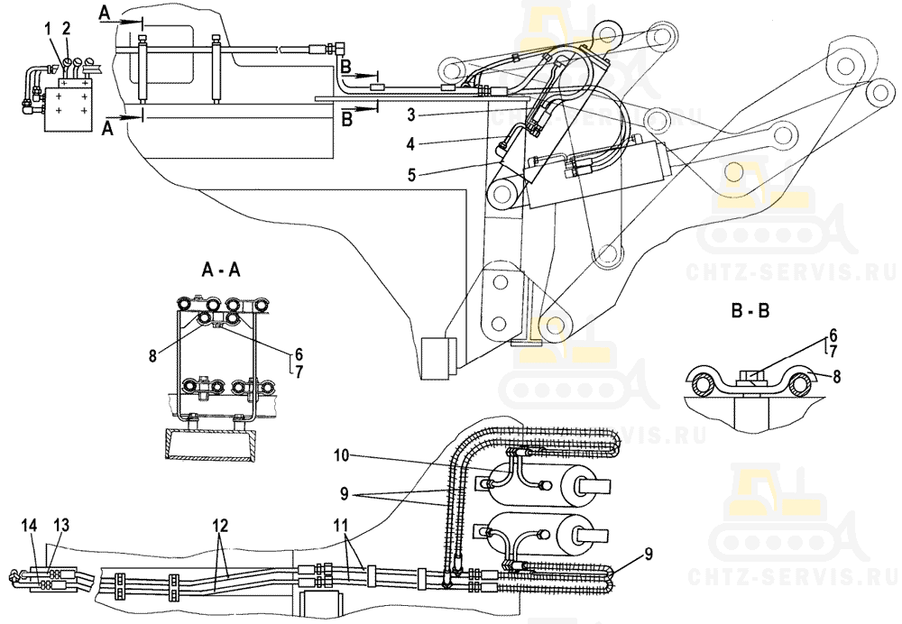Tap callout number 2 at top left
66,30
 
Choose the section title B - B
751,315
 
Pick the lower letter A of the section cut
107,128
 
